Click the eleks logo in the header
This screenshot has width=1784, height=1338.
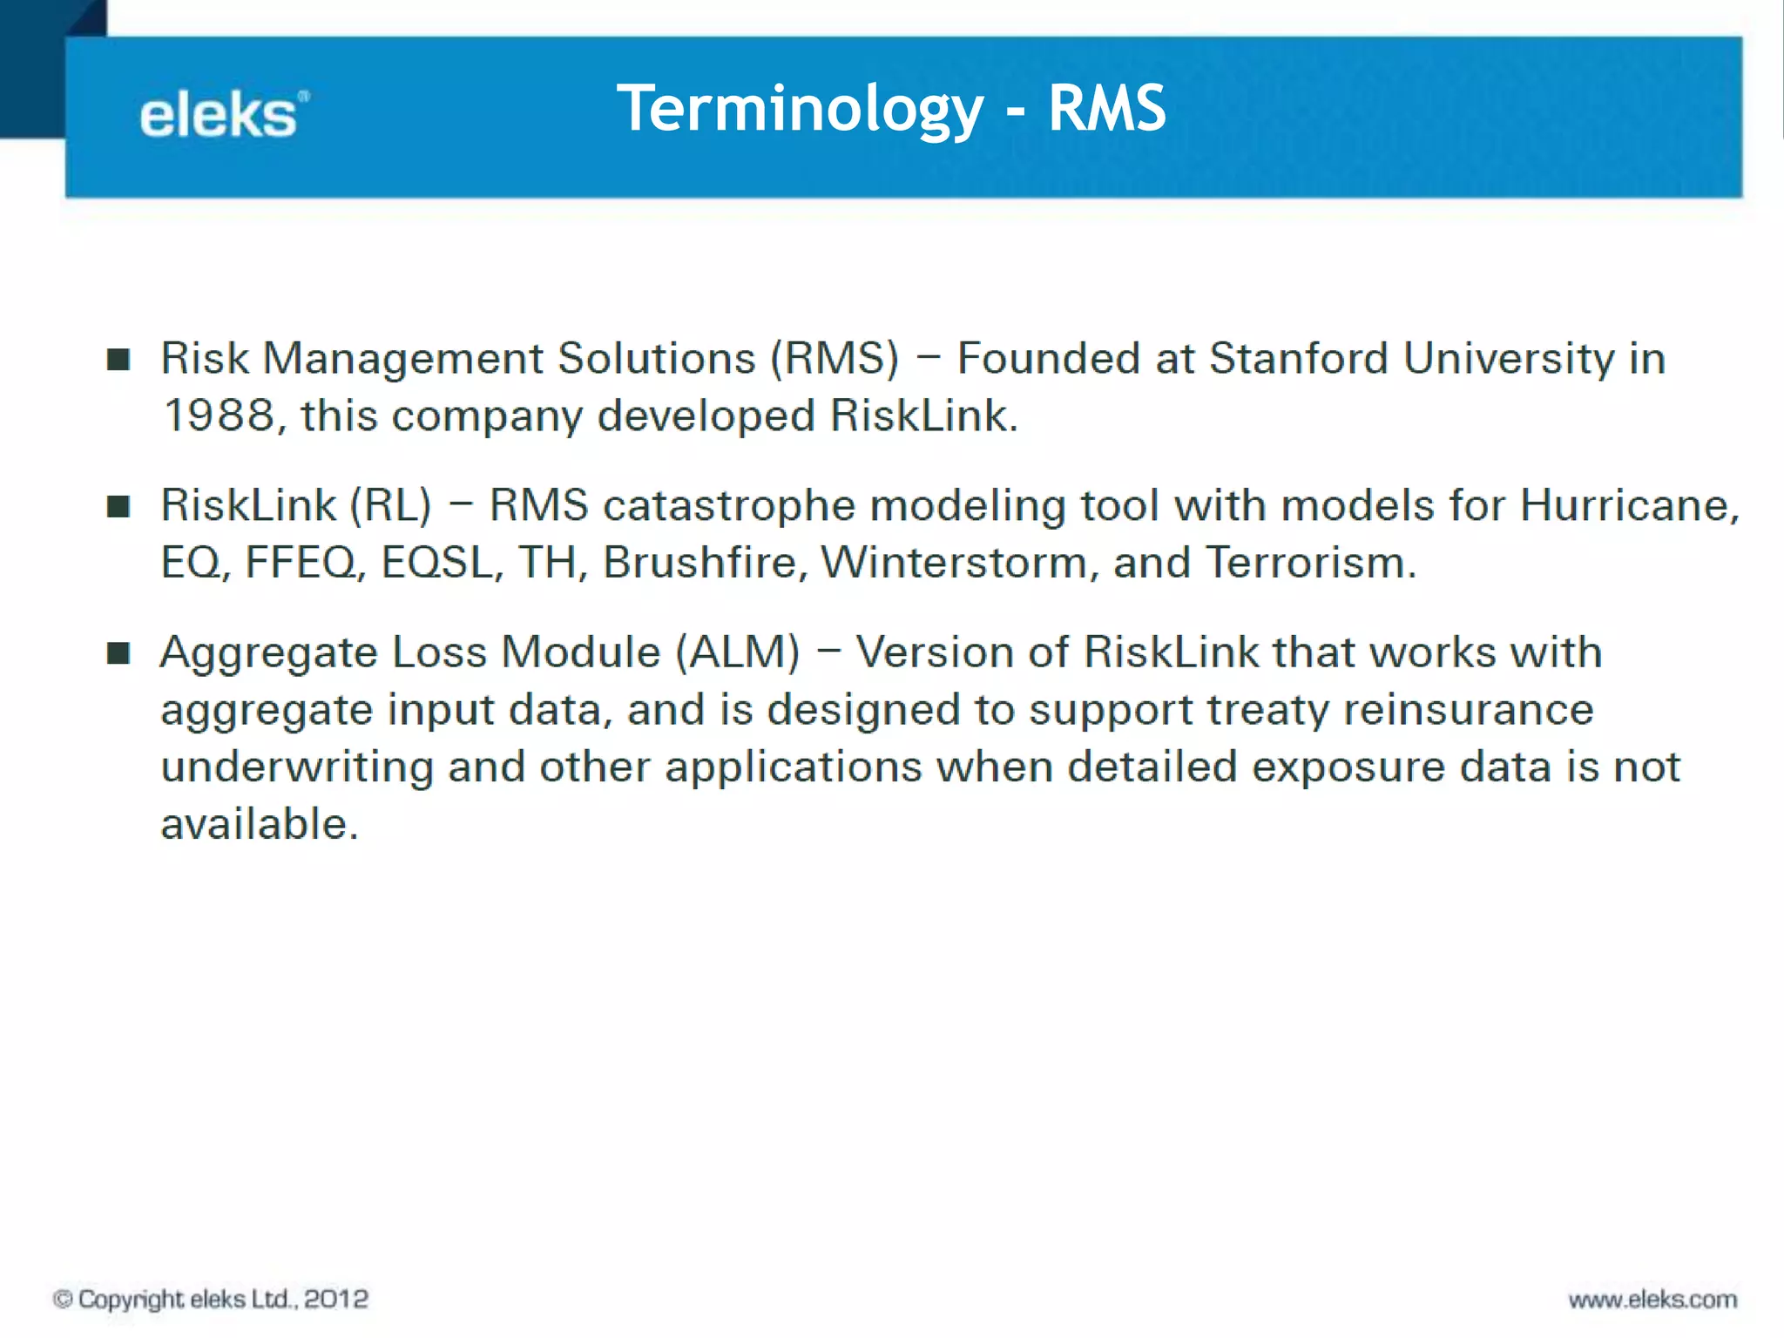click(223, 115)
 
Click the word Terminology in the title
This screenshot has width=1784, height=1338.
click(800, 110)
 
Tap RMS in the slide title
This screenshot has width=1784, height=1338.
click(1106, 110)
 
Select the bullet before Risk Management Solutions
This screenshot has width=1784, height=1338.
click(118, 360)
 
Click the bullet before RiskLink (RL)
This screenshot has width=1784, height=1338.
click(118, 507)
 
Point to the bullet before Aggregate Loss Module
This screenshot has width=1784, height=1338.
click(118, 653)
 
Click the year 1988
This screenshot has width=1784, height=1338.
click(218, 416)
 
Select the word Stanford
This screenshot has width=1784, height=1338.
click(1298, 359)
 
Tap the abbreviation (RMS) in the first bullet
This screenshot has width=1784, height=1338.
click(834, 359)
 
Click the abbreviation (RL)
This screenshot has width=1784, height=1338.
click(390, 506)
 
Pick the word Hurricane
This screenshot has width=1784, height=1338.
click(1627, 506)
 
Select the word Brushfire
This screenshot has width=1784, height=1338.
click(699, 563)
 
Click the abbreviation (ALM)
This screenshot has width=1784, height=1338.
click(737, 652)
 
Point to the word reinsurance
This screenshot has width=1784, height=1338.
click(1468, 710)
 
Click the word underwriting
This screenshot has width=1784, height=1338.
click(297, 767)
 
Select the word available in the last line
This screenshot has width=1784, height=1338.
click(258, 824)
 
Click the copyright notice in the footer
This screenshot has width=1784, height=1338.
click(211, 1299)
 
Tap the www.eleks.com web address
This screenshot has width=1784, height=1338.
click(1652, 1300)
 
